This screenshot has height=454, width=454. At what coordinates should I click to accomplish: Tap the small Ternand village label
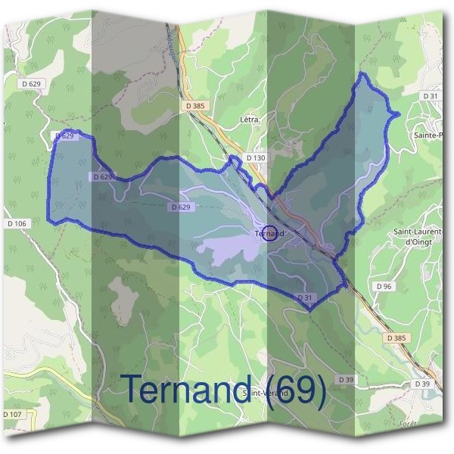269,234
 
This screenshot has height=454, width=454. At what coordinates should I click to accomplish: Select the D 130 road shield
257,158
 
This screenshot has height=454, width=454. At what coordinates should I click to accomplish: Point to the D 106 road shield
17,223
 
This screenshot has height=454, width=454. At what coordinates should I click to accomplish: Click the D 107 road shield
13,415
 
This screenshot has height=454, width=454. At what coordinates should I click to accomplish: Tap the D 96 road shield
384,287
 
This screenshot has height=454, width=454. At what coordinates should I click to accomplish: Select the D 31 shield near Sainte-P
431,96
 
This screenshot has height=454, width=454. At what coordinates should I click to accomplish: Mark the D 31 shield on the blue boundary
305,298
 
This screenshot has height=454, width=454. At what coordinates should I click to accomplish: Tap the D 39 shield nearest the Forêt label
422,384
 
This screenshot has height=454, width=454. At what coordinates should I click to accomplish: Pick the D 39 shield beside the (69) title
346,379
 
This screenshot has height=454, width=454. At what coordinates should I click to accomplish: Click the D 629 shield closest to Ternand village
179,207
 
